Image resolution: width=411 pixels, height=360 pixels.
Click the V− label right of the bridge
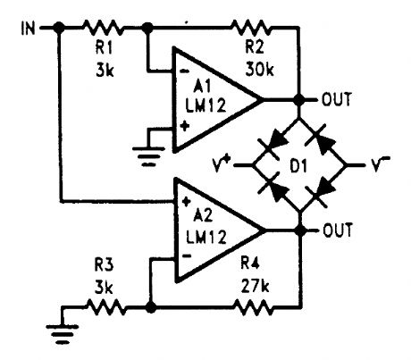[380, 165]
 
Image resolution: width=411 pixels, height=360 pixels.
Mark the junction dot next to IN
[59, 27]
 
